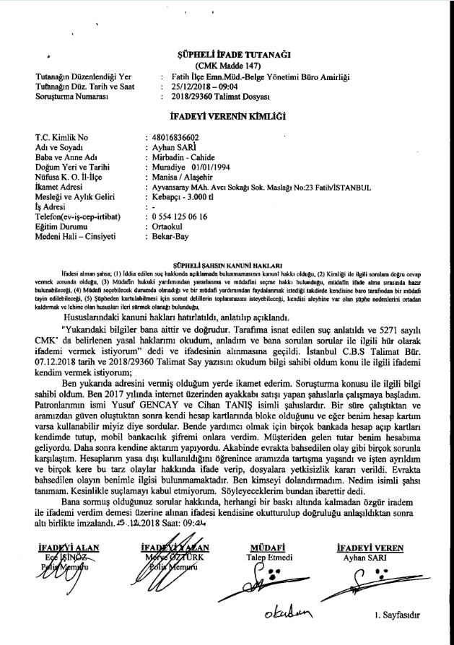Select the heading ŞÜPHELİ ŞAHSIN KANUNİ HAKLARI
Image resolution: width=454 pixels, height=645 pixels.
point(232,266)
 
